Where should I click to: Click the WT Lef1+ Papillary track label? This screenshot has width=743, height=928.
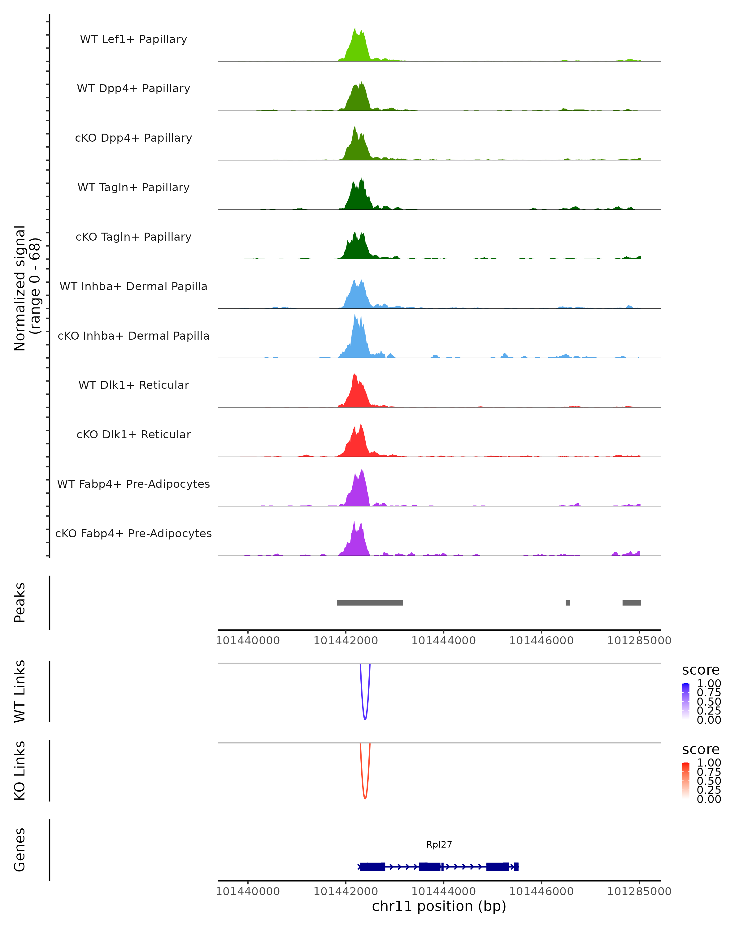coord(133,39)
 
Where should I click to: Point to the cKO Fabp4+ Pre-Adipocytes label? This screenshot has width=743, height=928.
coord(133,533)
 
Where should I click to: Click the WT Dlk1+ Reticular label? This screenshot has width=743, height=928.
coord(133,385)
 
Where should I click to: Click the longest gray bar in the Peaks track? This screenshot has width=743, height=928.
coord(370,603)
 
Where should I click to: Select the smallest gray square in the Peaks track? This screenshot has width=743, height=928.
coord(568,603)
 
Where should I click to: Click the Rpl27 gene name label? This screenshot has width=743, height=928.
coord(439,844)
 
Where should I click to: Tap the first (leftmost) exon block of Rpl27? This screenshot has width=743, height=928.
coord(372,866)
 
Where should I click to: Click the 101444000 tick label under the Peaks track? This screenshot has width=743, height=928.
coord(443,641)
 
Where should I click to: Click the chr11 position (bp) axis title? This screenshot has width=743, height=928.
coord(439,906)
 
